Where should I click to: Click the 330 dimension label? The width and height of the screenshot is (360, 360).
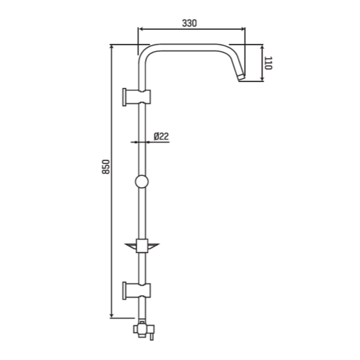(x=190, y=23)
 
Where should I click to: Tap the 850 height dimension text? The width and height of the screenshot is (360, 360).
(x=106, y=167)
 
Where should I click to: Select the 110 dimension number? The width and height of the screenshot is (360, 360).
(x=268, y=63)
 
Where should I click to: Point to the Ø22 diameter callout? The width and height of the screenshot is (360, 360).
(x=161, y=136)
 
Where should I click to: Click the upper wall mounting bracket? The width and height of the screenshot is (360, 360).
(x=137, y=97)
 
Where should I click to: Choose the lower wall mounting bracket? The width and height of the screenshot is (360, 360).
(x=137, y=290)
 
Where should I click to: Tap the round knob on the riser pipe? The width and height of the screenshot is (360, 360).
(x=142, y=182)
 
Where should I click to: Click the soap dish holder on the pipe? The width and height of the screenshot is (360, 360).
(x=142, y=246)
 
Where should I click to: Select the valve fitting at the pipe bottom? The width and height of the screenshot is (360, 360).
(x=144, y=330)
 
